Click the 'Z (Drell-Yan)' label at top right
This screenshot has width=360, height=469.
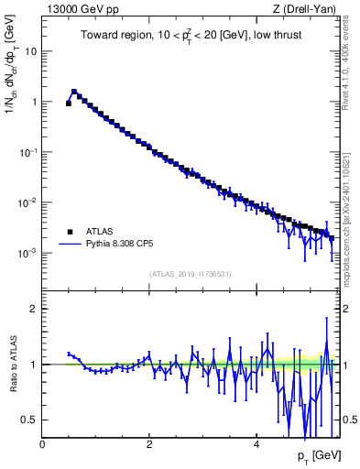pyautogui.click(x=302, y=9)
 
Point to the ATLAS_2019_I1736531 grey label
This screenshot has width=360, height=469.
pyautogui.click(x=190, y=274)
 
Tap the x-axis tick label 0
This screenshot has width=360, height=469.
pyautogui.click(x=42, y=443)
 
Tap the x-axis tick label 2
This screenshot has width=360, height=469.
pyautogui.click(x=149, y=443)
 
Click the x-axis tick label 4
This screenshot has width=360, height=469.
pyautogui.click(x=256, y=443)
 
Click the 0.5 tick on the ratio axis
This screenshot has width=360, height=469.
pyautogui.click(x=29, y=420)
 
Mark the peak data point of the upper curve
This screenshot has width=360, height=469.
pyautogui.click(x=74, y=92)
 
